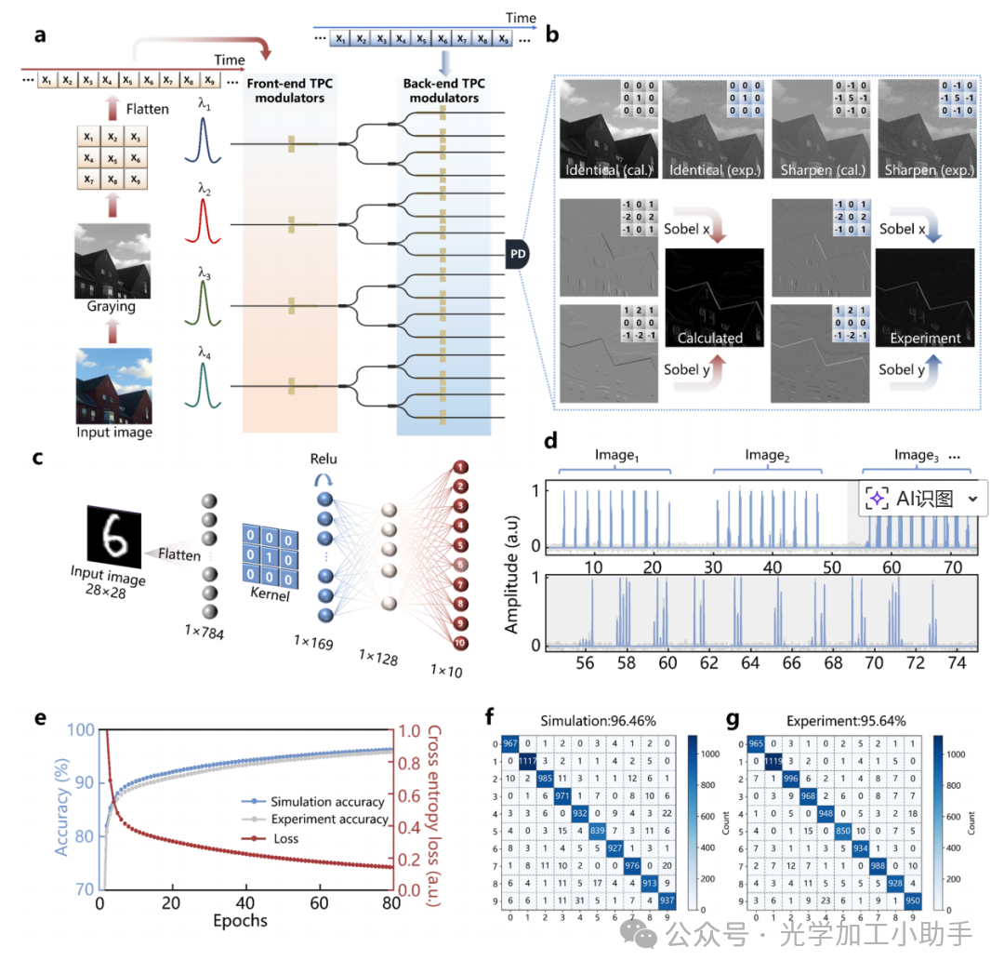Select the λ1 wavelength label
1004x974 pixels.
pyautogui.click(x=204, y=108)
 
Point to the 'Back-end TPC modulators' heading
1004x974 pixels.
pyautogui.click(x=442, y=90)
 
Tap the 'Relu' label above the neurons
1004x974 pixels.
pyautogui.click(x=325, y=459)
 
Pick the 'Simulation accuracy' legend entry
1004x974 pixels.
pyautogui.click(x=327, y=802)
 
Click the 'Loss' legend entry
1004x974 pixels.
pyautogui.click(x=284, y=837)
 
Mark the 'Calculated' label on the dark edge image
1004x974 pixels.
pyautogui.click(x=710, y=339)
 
